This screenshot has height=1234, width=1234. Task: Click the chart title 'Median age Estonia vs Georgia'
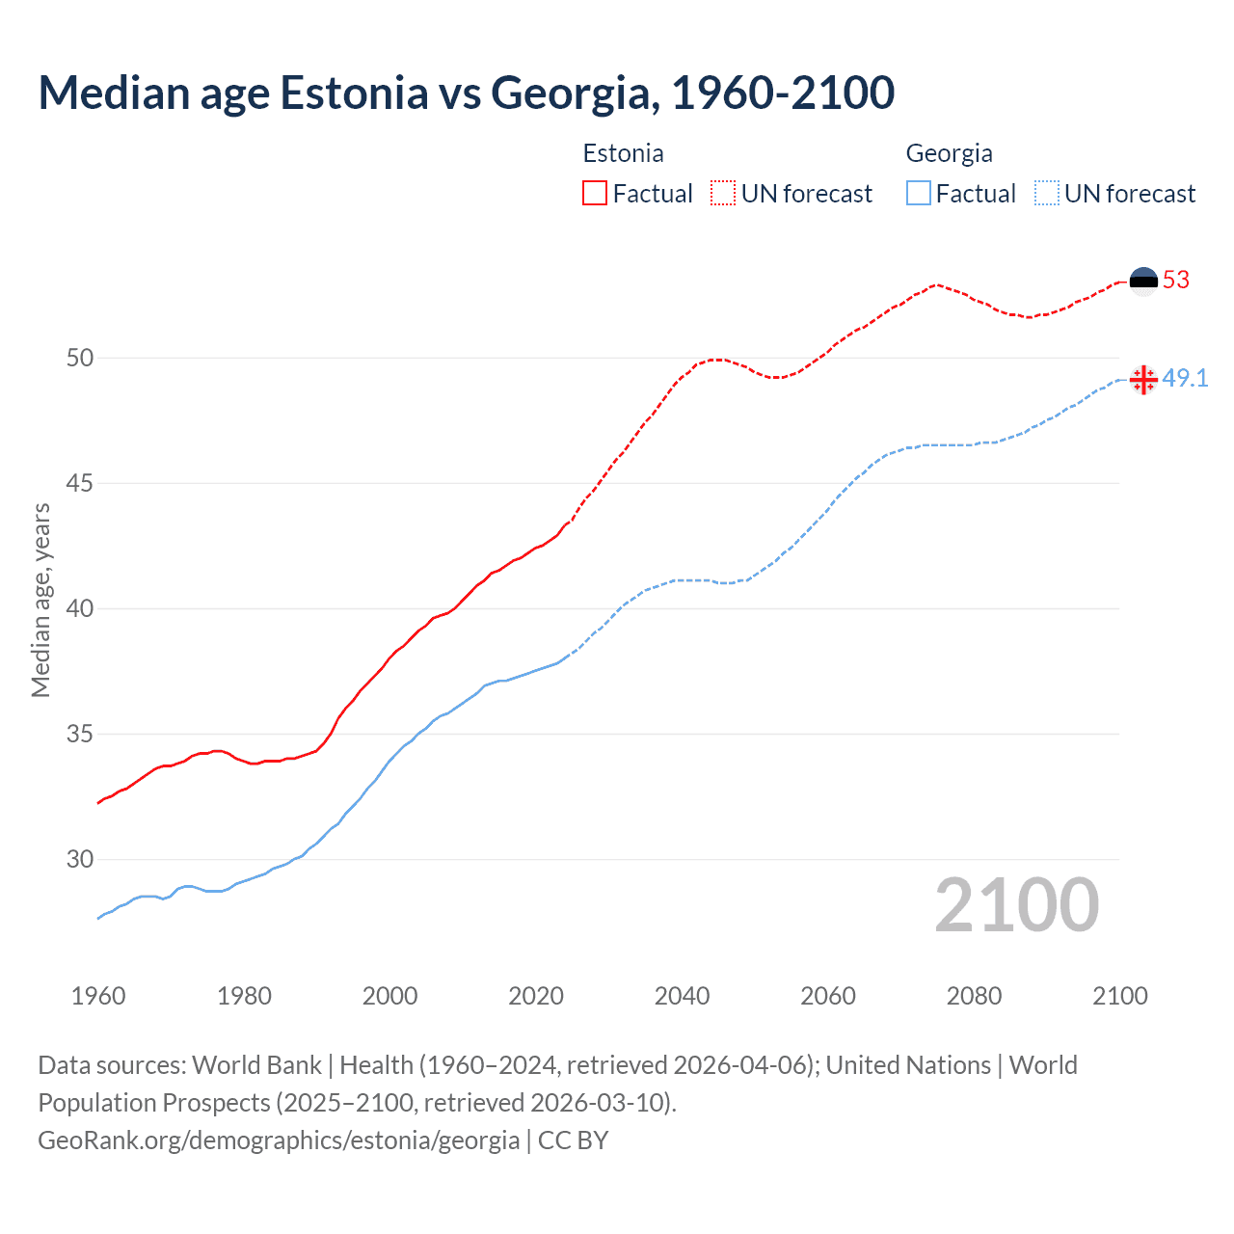click(467, 93)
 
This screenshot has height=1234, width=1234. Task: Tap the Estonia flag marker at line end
click(1143, 281)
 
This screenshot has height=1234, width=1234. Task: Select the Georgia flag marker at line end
click(1143, 380)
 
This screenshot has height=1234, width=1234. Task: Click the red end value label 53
click(1176, 281)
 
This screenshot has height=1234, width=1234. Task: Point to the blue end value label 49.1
click(1185, 379)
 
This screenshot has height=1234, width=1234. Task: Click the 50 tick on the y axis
click(80, 358)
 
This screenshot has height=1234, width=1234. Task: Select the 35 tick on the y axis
click(80, 735)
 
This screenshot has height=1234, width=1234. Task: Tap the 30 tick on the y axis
click(80, 859)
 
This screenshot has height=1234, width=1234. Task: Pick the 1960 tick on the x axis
click(98, 996)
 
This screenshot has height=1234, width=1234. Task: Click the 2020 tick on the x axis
click(536, 996)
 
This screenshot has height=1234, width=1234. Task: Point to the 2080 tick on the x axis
click(974, 996)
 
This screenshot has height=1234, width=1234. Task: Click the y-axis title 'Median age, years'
click(40, 600)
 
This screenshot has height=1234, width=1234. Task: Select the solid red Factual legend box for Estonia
click(595, 193)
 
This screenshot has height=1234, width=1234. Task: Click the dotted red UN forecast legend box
click(723, 193)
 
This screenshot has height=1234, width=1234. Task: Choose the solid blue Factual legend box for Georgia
click(919, 193)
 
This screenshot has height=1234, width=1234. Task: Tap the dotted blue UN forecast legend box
click(1047, 193)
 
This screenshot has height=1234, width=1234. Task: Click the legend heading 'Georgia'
click(949, 153)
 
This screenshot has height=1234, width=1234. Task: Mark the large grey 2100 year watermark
click(1017, 905)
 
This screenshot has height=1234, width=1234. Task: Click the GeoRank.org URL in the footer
click(279, 1140)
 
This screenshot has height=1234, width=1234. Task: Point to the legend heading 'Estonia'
click(623, 153)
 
